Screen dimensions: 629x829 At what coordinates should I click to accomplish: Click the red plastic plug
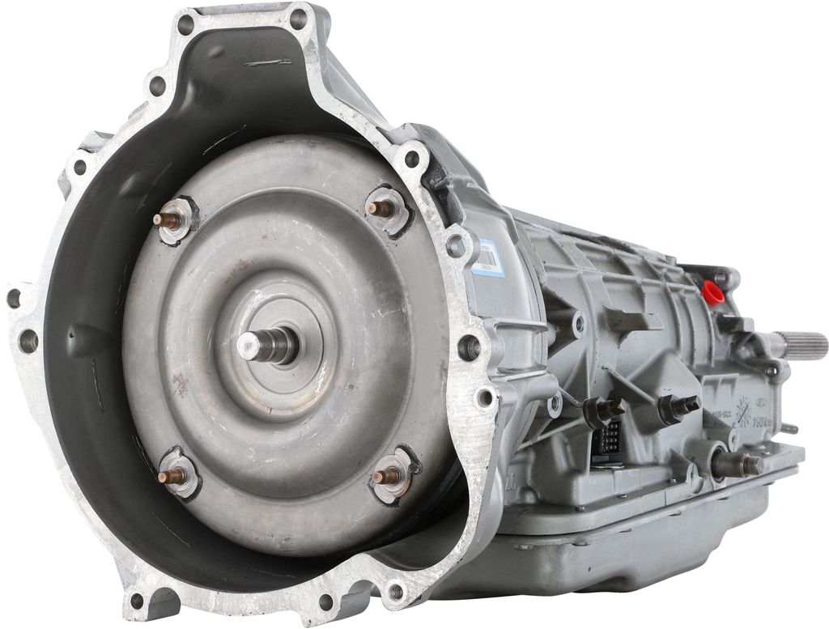point(712,292)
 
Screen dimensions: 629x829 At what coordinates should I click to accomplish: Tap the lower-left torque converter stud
point(170,475)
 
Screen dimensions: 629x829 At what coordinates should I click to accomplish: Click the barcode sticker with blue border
point(487,257)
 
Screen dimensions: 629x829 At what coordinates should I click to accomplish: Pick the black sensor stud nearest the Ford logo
point(679,407)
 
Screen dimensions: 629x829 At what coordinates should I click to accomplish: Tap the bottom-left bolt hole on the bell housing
point(137,601)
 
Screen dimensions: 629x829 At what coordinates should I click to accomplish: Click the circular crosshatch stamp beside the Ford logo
point(743,414)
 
